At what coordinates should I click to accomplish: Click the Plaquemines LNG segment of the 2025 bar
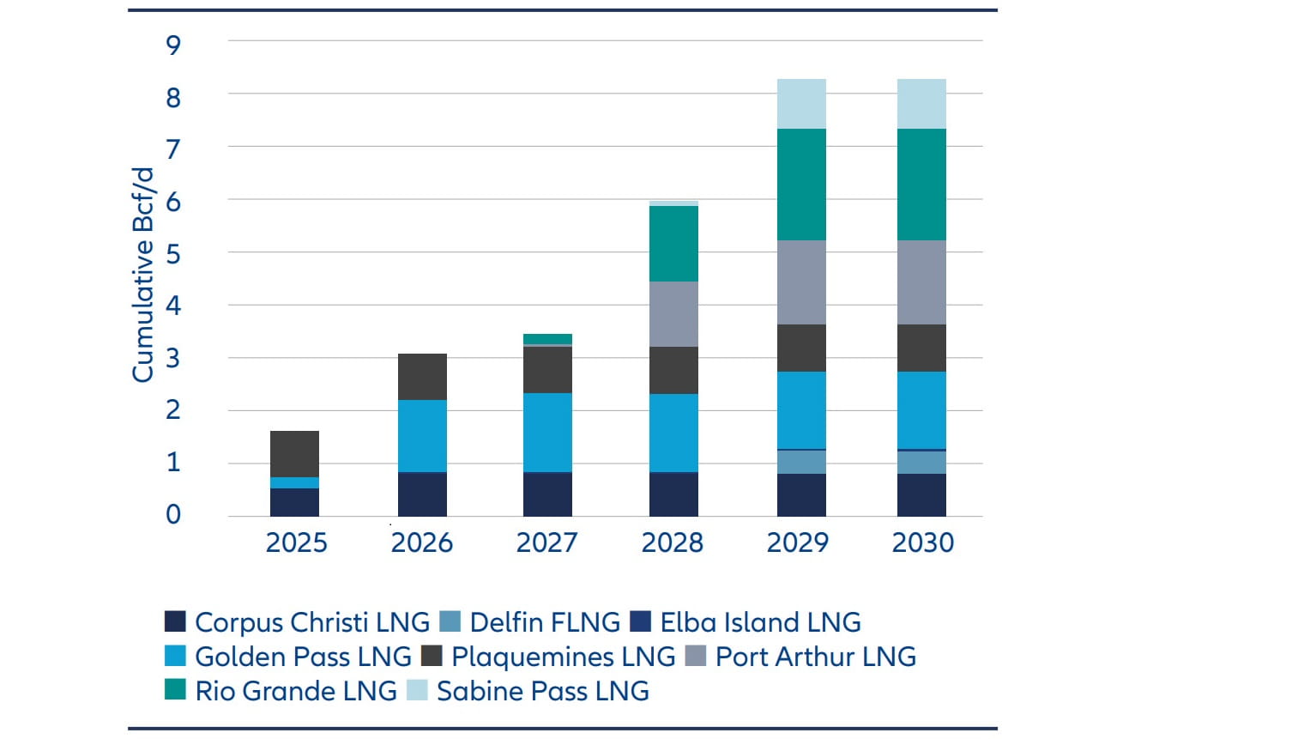(x=294, y=454)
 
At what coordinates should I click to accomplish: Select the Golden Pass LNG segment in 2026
(x=422, y=436)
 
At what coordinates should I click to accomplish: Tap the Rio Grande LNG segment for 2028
(x=673, y=244)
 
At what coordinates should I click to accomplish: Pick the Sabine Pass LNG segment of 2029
(x=801, y=104)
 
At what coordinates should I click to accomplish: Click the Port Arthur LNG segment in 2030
(x=921, y=282)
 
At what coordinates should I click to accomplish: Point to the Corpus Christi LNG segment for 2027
(x=547, y=494)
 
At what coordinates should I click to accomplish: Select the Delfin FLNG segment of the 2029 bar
(x=801, y=462)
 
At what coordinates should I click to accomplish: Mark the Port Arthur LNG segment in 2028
(x=673, y=314)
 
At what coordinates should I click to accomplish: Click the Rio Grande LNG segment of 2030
(x=921, y=185)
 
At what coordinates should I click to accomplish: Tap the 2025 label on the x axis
(x=296, y=542)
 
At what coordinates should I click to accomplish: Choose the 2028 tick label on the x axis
(x=672, y=542)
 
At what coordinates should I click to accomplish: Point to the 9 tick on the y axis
(x=173, y=45)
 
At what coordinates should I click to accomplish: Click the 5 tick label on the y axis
(x=173, y=254)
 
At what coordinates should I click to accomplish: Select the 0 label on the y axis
(x=173, y=515)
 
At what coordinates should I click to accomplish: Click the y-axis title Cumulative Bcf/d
(x=143, y=275)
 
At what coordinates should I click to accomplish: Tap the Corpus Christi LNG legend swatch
(x=175, y=621)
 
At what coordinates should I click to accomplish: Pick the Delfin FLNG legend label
(x=545, y=622)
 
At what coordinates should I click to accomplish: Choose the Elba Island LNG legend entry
(x=760, y=622)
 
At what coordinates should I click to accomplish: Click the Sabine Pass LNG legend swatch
(x=417, y=690)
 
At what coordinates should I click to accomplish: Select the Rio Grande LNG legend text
(x=296, y=691)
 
